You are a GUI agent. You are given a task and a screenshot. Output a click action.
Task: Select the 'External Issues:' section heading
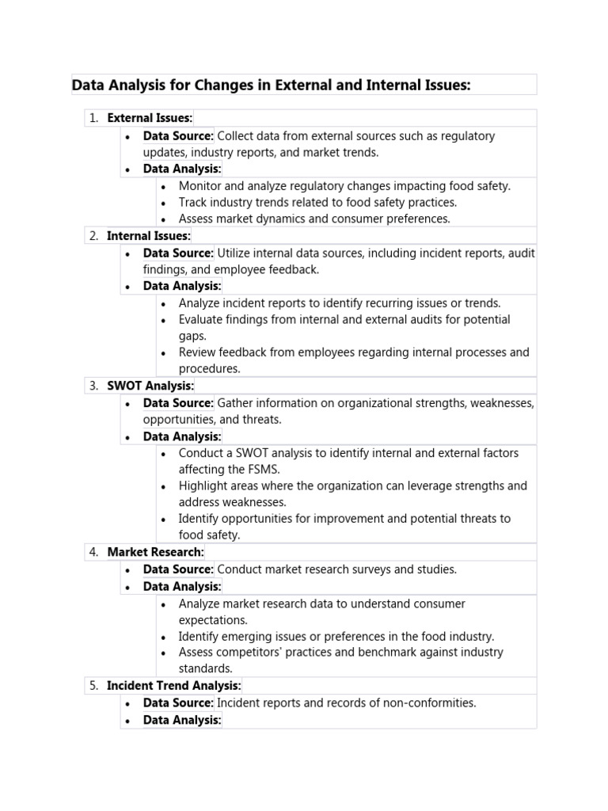pyautogui.click(x=150, y=118)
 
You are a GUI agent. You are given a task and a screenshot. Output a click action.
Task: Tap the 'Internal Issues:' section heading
pyautogui.click(x=149, y=236)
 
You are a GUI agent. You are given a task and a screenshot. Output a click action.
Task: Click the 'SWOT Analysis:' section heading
pyautogui.click(x=150, y=386)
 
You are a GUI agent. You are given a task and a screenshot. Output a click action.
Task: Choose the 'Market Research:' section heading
pyautogui.click(x=155, y=552)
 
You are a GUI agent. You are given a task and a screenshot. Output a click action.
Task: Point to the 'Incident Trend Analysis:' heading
pyautogui.click(x=174, y=686)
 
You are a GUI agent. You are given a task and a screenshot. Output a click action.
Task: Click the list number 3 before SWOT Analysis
pyautogui.click(x=93, y=386)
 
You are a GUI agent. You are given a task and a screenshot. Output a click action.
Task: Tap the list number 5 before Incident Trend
pyautogui.click(x=93, y=686)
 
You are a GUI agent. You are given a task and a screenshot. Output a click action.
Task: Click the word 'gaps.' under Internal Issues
pyautogui.click(x=192, y=336)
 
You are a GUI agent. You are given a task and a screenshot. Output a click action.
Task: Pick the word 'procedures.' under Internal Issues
pyautogui.click(x=209, y=369)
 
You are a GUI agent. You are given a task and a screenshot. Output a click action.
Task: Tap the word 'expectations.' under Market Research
pyautogui.click(x=213, y=620)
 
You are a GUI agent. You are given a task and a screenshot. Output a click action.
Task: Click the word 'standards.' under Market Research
pyautogui.click(x=205, y=668)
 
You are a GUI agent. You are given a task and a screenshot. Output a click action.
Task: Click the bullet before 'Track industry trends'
pyautogui.click(x=163, y=203)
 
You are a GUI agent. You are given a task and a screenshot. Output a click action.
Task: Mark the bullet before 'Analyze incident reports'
pyautogui.click(x=163, y=303)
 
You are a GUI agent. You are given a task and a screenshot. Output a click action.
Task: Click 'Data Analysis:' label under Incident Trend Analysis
pyautogui.click(x=182, y=720)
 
